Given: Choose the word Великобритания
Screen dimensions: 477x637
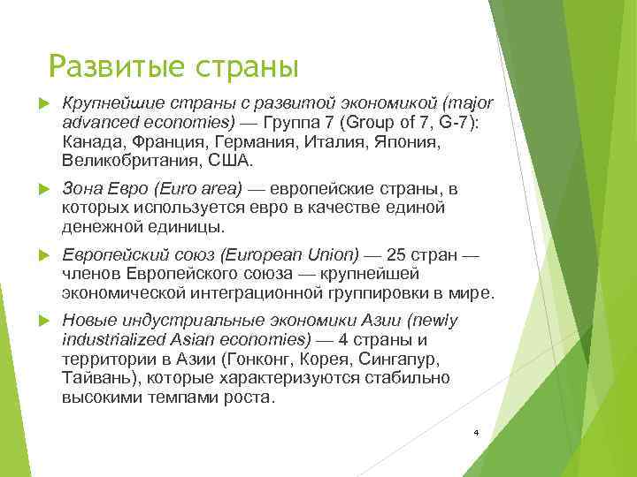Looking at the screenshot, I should (130, 162).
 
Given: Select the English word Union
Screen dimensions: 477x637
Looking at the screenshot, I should (329, 254).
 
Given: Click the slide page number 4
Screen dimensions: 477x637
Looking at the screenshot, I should (475, 433).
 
